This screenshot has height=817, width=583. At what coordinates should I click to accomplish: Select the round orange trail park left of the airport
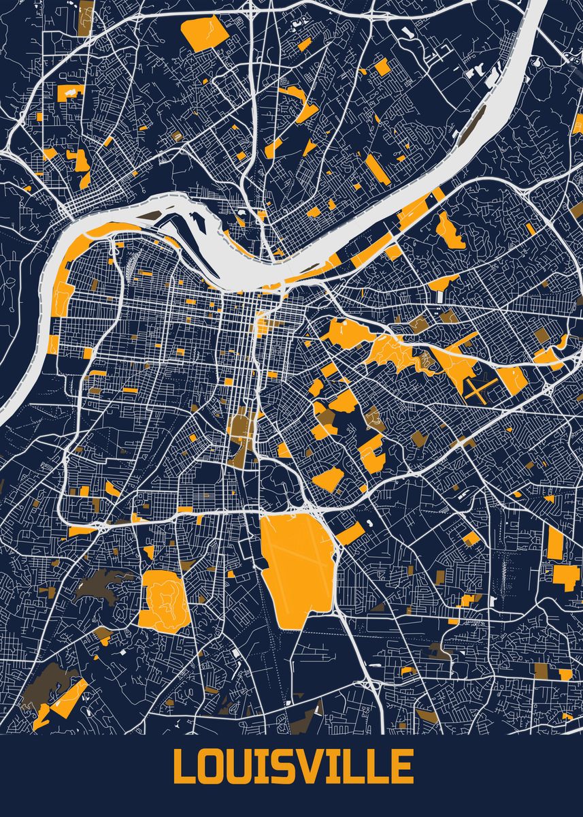coord(163,598)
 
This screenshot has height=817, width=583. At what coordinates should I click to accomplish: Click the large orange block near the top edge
coord(206,33)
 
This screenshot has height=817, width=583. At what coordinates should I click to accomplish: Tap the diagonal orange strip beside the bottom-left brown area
coord(68,698)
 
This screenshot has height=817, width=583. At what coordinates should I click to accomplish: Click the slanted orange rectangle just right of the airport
coord(349,533)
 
